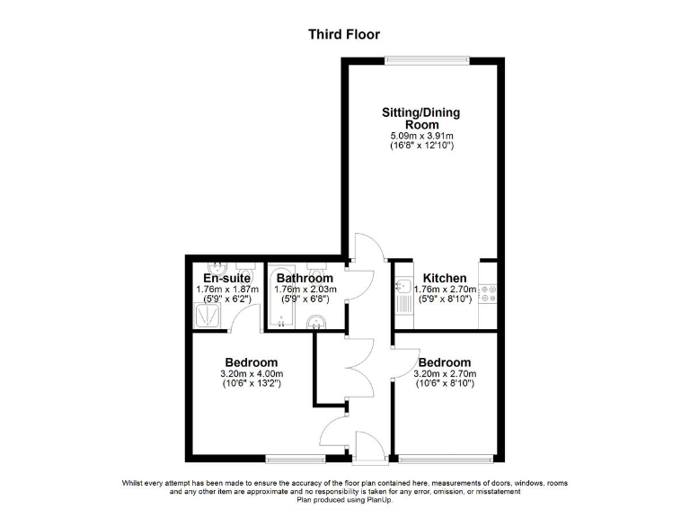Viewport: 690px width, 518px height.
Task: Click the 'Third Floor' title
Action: click(x=344, y=35)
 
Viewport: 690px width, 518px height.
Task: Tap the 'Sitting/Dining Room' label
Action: click(x=421, y=119)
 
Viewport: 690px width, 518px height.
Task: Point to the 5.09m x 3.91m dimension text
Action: click(x=421, y=135)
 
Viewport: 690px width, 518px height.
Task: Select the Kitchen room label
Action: click(x=445, y=278)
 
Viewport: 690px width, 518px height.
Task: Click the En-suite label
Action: click(x=226, y=278)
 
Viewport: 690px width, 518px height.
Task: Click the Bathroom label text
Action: click(x=305, y=278)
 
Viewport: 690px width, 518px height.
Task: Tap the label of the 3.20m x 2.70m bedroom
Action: click(x=444, y=362)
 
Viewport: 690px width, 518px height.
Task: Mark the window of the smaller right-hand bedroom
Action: click(x=445, y=459)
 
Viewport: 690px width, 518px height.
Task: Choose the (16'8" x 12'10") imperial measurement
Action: click(x=421, y=145)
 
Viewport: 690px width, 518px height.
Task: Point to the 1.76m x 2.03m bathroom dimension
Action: click(x=305, y=290)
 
